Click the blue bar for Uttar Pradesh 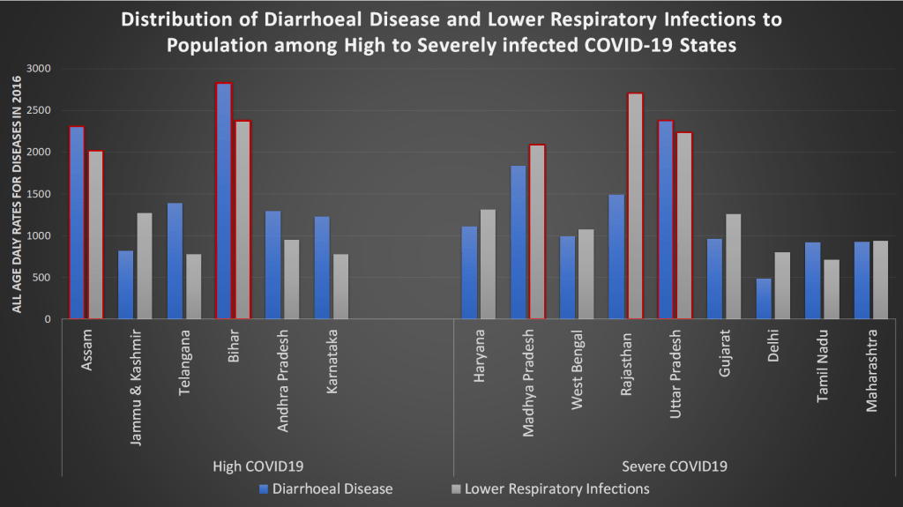[x=665, y=220]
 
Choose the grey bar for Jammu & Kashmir [x=145, y=265]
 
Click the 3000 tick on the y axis [x=39, y=69]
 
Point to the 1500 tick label [x=39, y=194]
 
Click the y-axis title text [x=17, y=194]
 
